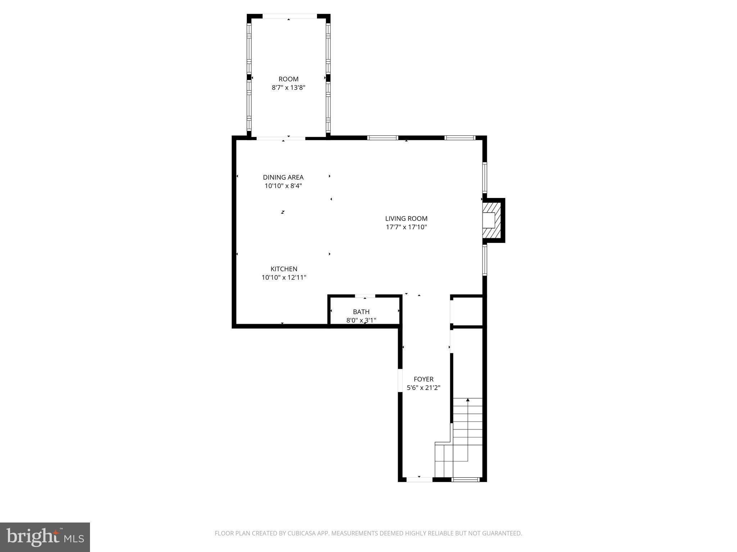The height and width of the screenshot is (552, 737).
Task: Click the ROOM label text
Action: pos(288,79)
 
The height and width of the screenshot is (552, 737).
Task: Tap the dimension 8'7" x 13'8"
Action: pos(288,87)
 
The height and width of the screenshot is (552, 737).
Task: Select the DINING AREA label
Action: pos(283,177)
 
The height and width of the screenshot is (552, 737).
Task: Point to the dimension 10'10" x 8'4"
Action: pos(283,186)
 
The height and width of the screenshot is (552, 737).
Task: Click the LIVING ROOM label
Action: pos(406,218)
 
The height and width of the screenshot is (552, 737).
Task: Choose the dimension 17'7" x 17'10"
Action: pos(406,227)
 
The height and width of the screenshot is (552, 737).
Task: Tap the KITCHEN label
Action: pos(284,269)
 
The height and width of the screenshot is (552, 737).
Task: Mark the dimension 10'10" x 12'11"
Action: pos(284,277)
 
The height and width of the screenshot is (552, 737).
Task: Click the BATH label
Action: pos(361,312)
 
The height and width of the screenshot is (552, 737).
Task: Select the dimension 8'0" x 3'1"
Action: pos(361,320)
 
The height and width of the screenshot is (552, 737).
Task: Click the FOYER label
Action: pos(424,379)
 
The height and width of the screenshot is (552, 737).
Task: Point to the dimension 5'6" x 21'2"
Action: pos(424,388)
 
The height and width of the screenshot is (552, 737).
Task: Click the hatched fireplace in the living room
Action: pos(492,220)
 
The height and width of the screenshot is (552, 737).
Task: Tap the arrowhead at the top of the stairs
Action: pos(468,400)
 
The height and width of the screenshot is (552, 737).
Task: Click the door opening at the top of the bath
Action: pos(365,296)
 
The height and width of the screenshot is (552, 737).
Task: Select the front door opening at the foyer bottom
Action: pos(419,479)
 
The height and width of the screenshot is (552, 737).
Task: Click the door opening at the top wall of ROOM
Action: pos(289,16)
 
